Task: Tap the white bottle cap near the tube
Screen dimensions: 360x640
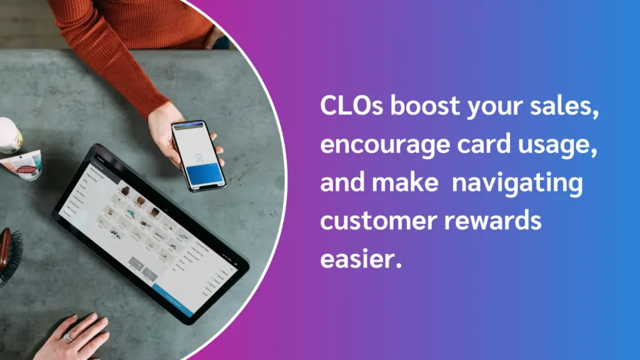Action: [x=9, y=135]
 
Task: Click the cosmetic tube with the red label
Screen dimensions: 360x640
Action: [x=22, y=165]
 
